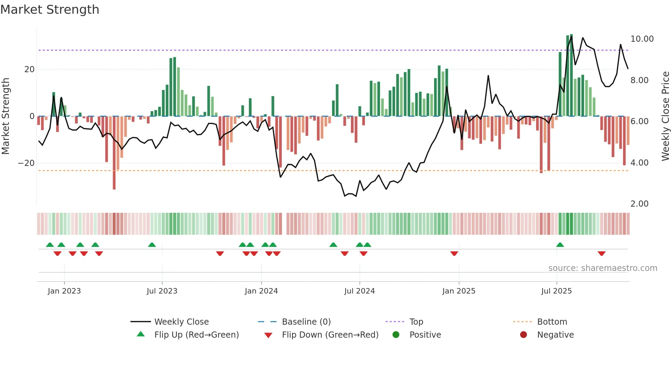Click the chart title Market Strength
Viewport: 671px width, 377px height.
point(50,10)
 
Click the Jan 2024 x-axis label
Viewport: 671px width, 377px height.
point(261,291)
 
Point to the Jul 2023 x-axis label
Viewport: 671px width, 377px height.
point(162,291)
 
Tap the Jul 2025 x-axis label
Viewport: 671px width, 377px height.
point(556,291)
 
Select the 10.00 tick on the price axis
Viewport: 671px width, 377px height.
point(642,39)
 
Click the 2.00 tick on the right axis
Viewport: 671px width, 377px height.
point(639,204)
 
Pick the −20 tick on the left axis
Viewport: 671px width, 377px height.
point(26,163)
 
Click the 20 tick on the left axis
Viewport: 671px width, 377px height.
point(29,69)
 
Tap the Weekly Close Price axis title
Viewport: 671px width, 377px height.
point(665,116)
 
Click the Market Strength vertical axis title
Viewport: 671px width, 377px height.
point(6,116)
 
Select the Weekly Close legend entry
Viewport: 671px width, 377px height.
point(181,322)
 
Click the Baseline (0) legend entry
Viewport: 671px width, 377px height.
point(306,322)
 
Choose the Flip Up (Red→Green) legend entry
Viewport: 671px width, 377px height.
point(196,335)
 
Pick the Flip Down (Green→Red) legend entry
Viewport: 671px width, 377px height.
point(330,335)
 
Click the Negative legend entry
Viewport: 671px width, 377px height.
point(555,335)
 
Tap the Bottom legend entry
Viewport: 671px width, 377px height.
point(552,322)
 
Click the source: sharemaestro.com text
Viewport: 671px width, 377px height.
point(603,268)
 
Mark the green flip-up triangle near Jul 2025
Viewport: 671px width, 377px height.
point(560,245)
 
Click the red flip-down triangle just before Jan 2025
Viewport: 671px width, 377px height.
point(454,253)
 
